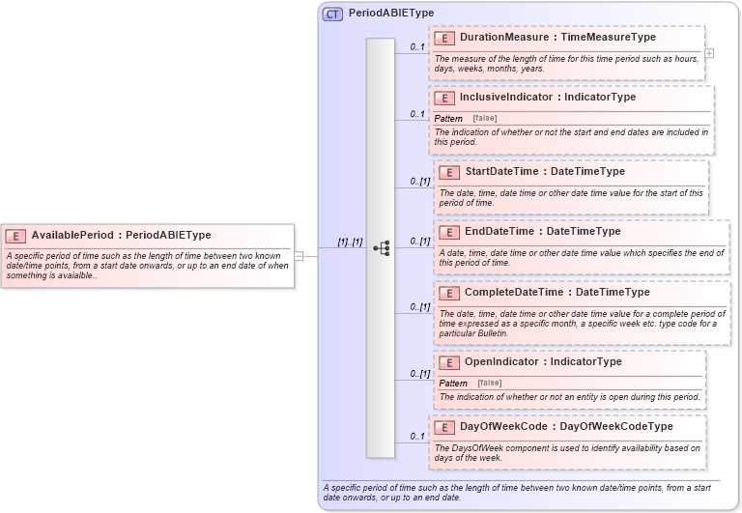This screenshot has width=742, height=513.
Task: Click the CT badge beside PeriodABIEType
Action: coord(332,14)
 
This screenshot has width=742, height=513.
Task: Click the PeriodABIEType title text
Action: coord(391,14)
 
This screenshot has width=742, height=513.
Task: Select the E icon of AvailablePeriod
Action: coord(15,235)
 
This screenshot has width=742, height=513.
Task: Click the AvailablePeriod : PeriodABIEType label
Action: coord(121,235)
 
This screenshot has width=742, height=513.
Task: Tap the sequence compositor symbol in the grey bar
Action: coord(381,248)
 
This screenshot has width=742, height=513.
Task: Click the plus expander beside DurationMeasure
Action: coord(709,53)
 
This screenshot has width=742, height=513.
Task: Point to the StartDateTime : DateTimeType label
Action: coord(545,171)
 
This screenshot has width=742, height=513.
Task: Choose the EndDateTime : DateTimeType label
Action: coord(543,231)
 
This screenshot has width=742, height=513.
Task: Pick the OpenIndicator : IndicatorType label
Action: coord(543,361)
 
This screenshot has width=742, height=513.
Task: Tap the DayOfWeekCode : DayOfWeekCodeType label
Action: coord(566,426)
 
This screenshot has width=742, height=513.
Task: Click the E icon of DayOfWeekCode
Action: coord(444,426)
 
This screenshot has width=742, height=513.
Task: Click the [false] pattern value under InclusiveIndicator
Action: coord(485,118)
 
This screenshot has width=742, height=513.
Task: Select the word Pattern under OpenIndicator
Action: coord(453,383)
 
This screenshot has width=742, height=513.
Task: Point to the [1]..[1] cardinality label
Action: coord(350,242)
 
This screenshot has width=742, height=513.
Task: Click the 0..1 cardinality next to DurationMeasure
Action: coord(417,46)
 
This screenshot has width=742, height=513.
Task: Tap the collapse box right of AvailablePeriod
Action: coord(300,256)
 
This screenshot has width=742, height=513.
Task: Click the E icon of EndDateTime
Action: coord(449,232)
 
